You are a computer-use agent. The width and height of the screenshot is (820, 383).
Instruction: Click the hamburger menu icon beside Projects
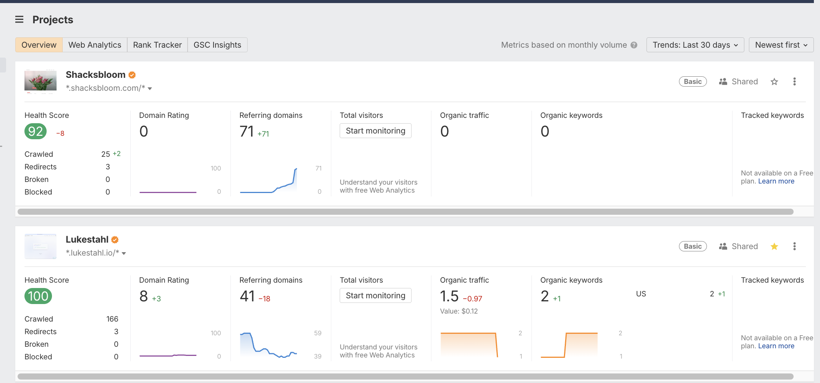click(19, 19)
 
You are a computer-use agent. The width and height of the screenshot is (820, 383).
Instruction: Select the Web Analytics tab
click(95, 45)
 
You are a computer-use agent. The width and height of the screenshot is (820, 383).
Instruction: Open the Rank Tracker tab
click(157, 45)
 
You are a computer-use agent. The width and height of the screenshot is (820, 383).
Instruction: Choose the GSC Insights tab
click(217, 45)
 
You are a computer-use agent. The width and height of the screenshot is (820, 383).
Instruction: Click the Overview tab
click(39, 45)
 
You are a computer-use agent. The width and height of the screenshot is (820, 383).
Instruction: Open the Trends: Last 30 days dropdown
click(695, 45)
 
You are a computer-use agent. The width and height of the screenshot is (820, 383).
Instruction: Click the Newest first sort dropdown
click(781, 45)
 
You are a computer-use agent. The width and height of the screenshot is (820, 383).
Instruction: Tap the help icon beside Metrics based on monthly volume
click(634, 45)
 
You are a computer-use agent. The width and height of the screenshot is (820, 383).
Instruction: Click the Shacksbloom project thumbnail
click(41, 81)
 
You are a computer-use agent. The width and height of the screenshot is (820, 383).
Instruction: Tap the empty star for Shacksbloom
click(774, 82)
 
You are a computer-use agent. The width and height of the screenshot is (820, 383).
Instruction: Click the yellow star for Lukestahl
click(774, 246)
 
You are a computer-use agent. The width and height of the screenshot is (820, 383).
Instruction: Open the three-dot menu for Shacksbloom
click(794, 82)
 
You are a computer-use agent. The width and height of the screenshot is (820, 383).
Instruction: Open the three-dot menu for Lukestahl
click(794, 246)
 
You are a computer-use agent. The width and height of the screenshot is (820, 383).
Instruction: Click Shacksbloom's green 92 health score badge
click(36, 132)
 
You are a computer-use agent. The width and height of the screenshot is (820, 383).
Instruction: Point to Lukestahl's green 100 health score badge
click(38, 296)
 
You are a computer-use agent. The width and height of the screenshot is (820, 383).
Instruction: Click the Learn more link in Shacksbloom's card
click(776, 181)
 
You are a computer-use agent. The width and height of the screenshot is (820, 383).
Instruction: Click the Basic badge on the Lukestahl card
click(693, 246)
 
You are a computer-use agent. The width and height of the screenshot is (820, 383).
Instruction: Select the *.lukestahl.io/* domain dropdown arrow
click(124, 253)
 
